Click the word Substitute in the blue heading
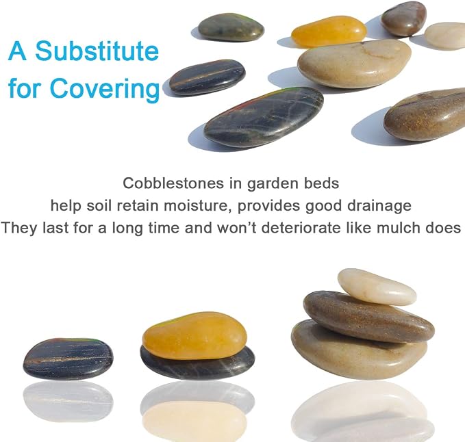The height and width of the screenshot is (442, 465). pyautogui.click(x=97, y=51)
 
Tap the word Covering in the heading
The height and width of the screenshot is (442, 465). pyautogui.click(x=105, y=88)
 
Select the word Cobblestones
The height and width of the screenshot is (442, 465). pyautogui.click(x=173, y=183)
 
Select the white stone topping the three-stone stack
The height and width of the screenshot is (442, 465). pyautogui.click(x=377, y=286)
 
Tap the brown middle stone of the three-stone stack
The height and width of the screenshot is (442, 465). pyautogui.click(x=368, y=316)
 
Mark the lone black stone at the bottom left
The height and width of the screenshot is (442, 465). pyautogui.click(x=68, y=359)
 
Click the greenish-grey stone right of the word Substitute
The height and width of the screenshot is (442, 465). pyautogui.click(x=231, y=27)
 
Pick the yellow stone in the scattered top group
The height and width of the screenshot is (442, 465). pyautogui.click(x=329, y=31)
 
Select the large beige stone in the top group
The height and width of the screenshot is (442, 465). pyautogui.click(x=354, y=64)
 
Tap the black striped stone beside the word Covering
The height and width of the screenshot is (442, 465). pyautogui.click(x=208, y=77)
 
